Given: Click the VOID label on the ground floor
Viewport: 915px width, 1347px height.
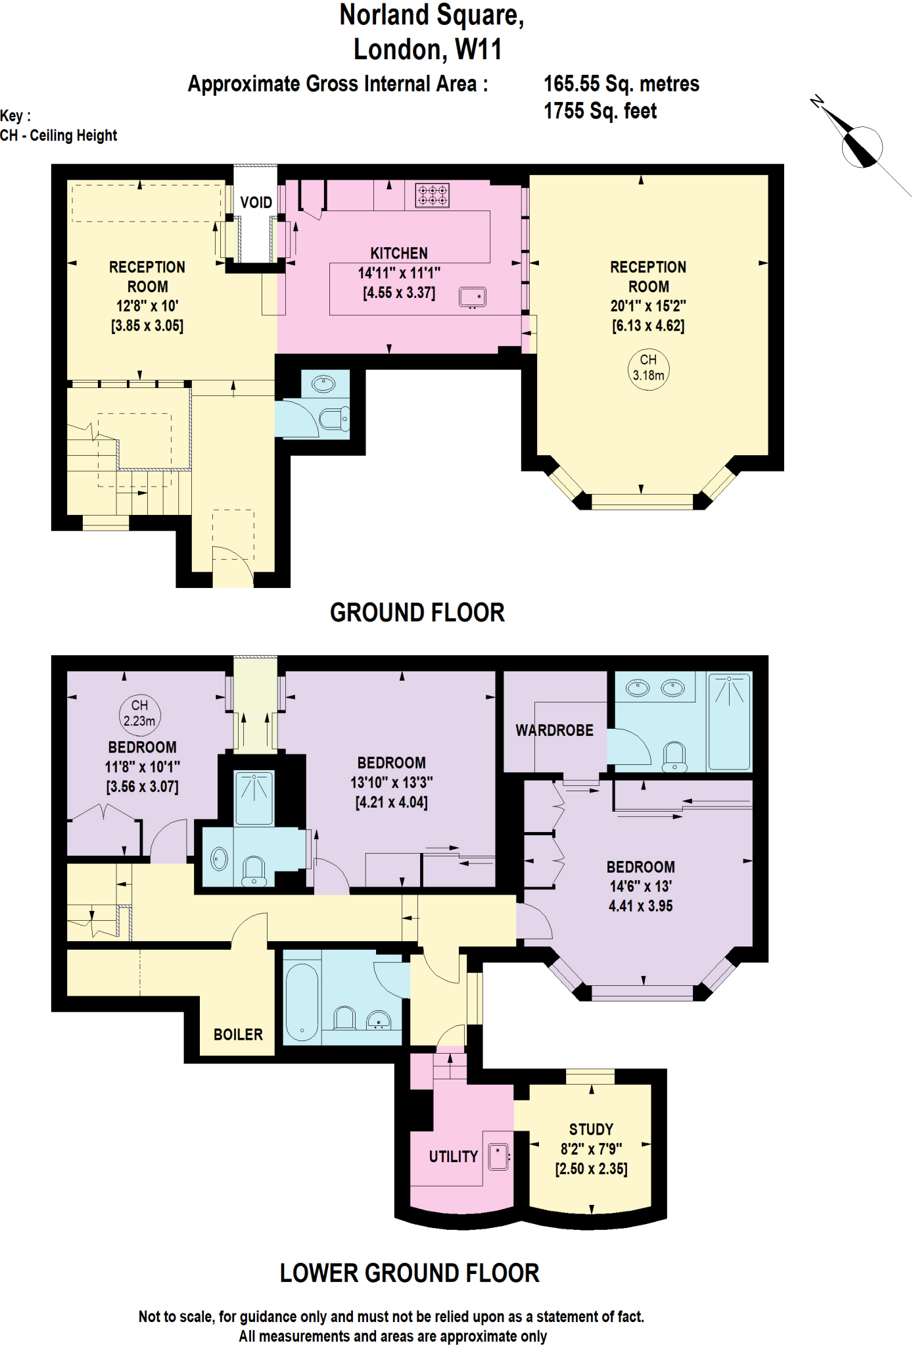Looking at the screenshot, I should (256, 203).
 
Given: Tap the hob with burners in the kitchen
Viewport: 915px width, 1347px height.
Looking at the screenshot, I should (433, 195).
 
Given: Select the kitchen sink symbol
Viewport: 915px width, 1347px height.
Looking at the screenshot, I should (473, 297).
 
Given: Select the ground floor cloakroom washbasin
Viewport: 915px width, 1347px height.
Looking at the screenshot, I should (323, 384).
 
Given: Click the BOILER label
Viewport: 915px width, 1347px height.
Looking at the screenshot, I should (238, 1035).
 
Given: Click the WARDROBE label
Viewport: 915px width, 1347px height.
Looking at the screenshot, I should (554, 730).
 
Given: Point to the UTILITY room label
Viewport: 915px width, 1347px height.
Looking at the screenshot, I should (453, 1156).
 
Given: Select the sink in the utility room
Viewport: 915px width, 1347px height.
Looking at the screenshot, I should (499, 1158).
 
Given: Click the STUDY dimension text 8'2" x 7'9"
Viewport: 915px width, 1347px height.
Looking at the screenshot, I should (591, 1149).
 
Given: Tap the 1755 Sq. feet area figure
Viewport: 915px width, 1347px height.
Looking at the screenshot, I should (599, 111).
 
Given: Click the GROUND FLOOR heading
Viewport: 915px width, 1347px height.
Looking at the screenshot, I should (417, 612).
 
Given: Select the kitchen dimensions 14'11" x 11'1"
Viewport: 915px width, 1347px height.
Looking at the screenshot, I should (399, 273).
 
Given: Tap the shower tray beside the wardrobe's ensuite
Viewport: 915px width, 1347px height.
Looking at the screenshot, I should (730, 721).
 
